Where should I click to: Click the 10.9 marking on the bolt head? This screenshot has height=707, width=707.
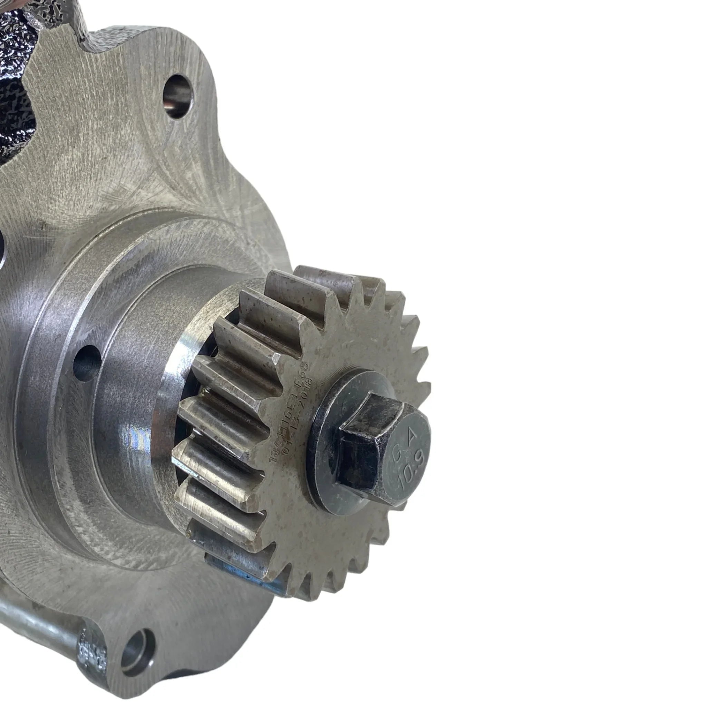click(407, 475)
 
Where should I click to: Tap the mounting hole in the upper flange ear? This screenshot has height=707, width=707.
click(177, 97)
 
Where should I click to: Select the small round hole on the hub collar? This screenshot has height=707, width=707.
click(87, 363)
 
